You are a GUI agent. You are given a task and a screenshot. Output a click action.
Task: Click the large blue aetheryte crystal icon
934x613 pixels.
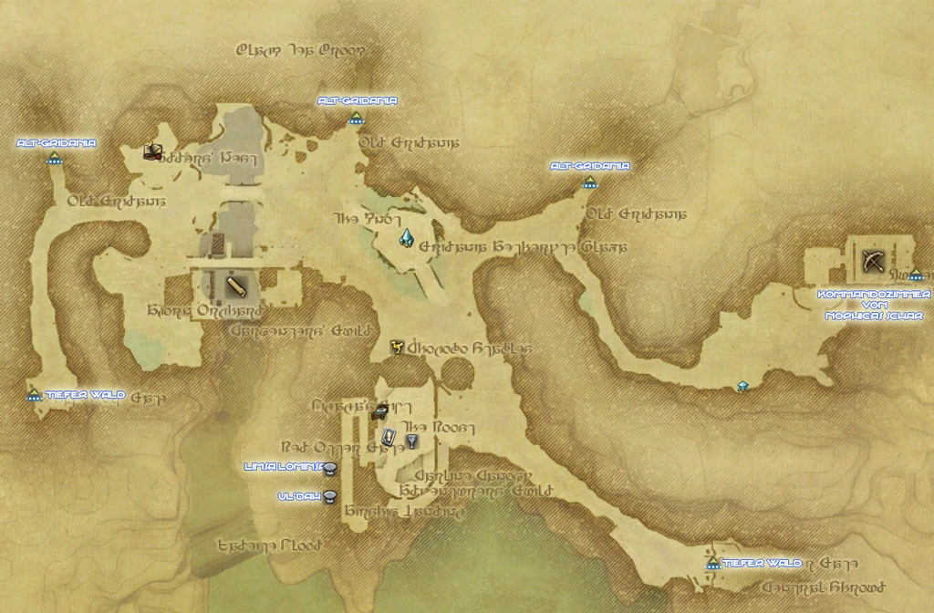[x=407, y=239]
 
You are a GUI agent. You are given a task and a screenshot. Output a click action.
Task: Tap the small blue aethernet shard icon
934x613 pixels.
[x=743, y=386]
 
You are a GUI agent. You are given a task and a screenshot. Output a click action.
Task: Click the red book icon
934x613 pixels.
[x=153, y=151]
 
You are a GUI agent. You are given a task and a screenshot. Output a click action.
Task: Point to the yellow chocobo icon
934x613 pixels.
[x=397, y=347]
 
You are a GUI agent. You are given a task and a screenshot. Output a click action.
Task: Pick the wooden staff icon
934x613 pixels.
[x=235, y=286]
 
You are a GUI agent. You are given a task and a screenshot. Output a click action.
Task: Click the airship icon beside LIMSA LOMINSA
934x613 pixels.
[x=331, y=469]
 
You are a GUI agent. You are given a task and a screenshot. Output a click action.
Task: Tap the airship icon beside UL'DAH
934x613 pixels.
[x=331, y=496]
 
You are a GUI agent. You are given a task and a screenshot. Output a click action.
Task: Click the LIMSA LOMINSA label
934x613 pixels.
[x=282, y=467]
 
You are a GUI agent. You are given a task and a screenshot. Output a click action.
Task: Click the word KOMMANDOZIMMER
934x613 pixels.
[x=874, y=295]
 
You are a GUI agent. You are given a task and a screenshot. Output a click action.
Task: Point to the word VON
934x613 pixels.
[x=874, y=306]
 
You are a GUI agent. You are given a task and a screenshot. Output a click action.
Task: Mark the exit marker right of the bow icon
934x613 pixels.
[x=916, y=275]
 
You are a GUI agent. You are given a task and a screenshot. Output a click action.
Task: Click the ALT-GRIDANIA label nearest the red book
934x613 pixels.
[x=57, y=143]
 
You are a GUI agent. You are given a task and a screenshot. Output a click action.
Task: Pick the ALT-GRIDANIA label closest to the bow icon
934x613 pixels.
[x=590, y=166]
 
